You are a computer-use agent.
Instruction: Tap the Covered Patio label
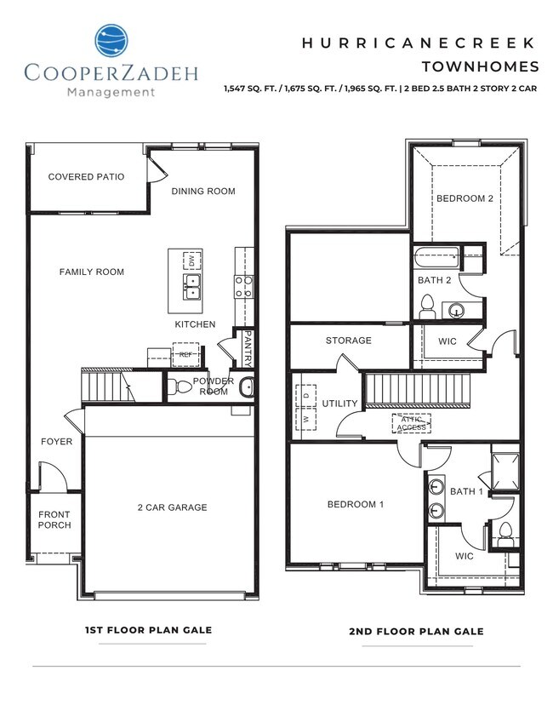[x=86, y=177]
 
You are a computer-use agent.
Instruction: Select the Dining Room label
[x=202, y=191]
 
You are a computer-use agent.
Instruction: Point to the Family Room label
[x=92, y=272]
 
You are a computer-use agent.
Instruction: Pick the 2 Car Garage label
[x=173, y=507]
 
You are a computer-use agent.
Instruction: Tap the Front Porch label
[x=54, y=519]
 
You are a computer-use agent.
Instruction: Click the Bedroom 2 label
[x=465, y=198]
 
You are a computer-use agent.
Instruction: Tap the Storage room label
[x=349, y=341]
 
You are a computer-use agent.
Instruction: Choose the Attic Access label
[x=412, y=422]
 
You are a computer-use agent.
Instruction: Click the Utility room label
[x=339, y=403]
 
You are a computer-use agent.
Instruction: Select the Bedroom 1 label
[x=356, y=505]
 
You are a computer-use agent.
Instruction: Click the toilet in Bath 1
[x=505, y=532]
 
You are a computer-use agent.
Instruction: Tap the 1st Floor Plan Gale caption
[x=148, y=630]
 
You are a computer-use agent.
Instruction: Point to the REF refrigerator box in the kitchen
[x=185, y=354]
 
